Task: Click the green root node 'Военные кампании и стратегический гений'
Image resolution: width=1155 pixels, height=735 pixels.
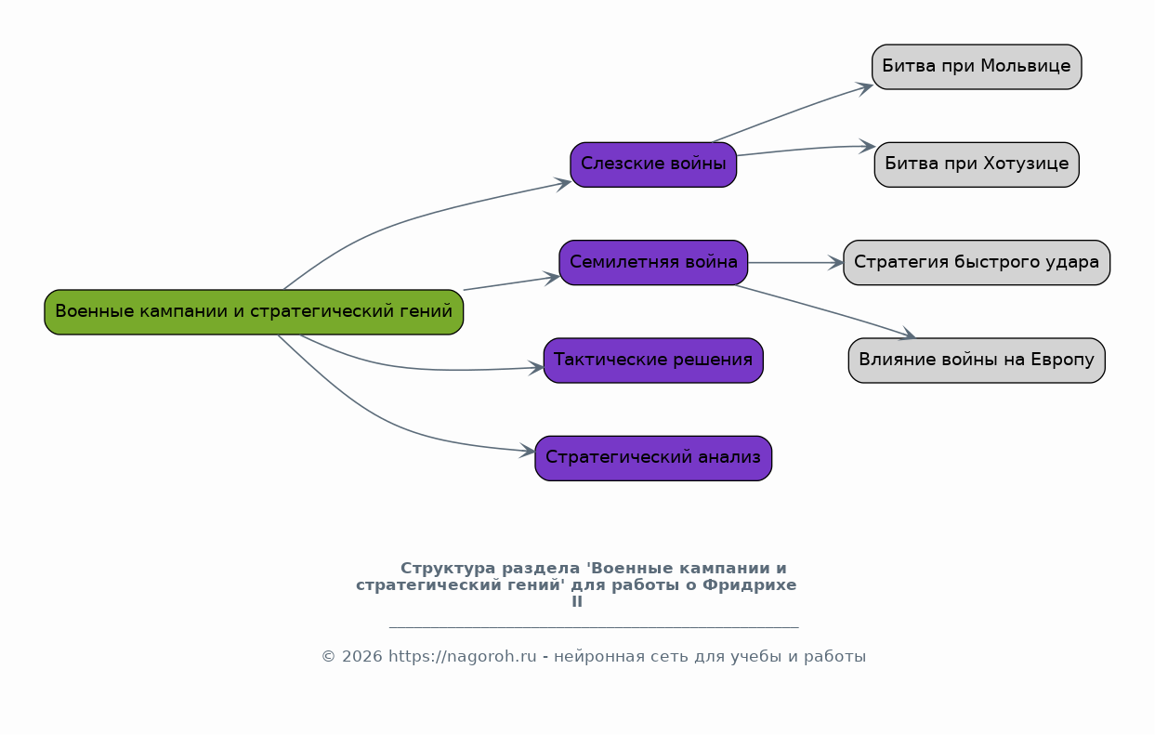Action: click(254, 312)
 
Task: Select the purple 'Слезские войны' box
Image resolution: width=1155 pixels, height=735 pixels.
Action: click(653, 164)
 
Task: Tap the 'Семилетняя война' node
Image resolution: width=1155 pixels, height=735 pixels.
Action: click(653, 263)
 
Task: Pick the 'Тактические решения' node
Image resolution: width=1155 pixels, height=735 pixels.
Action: click(653, 361)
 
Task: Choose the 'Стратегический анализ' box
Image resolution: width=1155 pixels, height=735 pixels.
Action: click(653, 458)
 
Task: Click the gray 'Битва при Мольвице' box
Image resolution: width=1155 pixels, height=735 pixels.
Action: click(977, 67)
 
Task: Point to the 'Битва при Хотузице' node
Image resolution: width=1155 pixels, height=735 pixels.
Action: click(977, 164)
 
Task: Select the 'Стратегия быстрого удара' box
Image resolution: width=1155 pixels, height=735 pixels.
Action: click(977, 263)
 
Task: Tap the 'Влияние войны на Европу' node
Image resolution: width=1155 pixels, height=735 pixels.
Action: click(977, 361)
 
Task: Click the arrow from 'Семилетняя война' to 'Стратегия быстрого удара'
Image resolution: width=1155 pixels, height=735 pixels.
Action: click(795, 263)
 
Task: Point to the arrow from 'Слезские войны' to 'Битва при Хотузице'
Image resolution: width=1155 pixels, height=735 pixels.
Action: click(806, 149)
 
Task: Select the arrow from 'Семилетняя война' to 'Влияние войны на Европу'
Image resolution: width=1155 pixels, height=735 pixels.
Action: click(825, 310)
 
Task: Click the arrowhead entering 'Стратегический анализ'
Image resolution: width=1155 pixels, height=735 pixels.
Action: click(528, 451)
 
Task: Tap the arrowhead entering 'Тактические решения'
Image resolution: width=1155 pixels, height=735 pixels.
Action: click(537, 368)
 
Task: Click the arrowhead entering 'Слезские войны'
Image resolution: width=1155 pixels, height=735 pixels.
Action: click(563, 184)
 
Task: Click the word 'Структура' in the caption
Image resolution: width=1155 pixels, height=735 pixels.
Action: click(448, 569)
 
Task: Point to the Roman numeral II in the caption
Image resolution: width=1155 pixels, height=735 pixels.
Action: click(577, 601)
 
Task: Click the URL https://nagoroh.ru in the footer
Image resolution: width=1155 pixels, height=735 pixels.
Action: click(463, 657)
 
